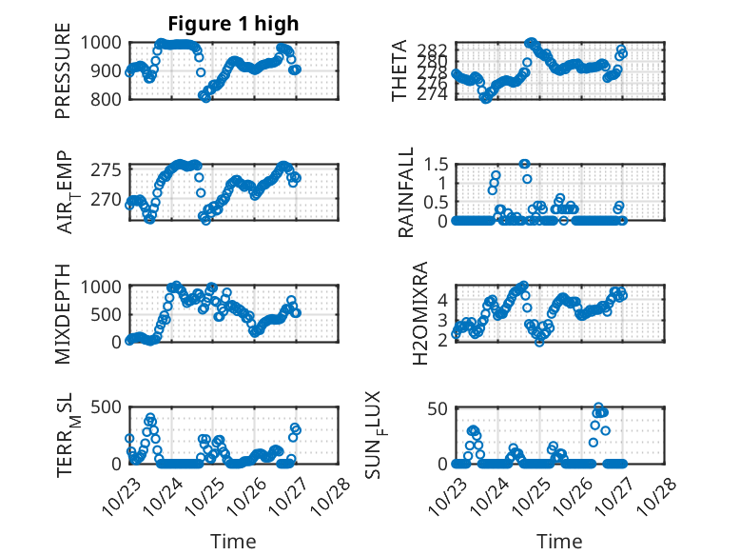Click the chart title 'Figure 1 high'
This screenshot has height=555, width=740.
coord(233,23)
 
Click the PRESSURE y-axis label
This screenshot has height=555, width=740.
coord(63,70)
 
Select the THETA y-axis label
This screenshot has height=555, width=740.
coord(399,70)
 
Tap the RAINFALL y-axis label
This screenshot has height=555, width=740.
coord(406,192)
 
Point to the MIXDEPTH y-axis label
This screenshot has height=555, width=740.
coord(63,313)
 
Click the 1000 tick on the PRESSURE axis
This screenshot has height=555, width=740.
coord(101,43)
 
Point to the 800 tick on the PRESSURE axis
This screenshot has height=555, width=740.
coord(107,99)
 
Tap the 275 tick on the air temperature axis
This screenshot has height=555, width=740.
coord(107,169)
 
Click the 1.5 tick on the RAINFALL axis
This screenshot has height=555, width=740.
coord(436,164)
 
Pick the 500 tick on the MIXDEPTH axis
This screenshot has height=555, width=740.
coord(107,314)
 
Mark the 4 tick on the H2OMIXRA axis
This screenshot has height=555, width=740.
coord(443,299)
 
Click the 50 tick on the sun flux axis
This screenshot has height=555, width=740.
coord(438,409)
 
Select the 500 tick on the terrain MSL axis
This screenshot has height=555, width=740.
coord(107,409)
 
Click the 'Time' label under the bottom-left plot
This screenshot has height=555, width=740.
coord(233,541)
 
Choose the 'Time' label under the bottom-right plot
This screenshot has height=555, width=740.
coord(559,541)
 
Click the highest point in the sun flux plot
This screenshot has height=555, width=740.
coord(599,407)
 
